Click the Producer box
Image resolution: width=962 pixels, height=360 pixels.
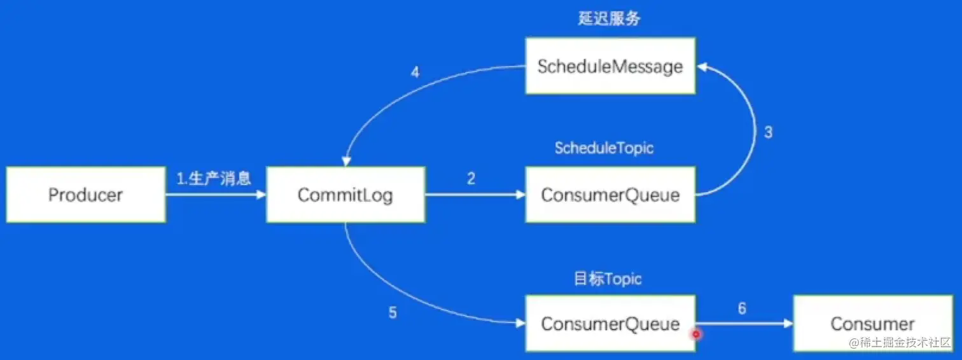coord(86,195)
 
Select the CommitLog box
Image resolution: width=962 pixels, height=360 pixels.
coord(345,195)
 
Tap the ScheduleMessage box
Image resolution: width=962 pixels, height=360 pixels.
coord(610,66)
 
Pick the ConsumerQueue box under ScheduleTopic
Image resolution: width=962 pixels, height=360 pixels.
coord(610,195)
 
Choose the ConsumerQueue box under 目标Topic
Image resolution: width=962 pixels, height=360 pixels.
coord(610,323)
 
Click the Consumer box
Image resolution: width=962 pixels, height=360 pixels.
coord(872,323)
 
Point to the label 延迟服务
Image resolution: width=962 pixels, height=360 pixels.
coord(609,19)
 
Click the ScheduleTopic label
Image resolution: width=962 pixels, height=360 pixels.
coord(604,148)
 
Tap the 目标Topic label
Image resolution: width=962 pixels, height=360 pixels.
coord(608,279)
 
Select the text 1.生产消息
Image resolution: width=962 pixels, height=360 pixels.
coord(214,179)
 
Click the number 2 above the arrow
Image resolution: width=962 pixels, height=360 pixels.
coord(471,179)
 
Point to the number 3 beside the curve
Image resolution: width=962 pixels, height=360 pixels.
coord(768,132)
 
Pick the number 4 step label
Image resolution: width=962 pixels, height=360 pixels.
coord(415,73)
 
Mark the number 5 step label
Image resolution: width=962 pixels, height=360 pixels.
coord(393,313)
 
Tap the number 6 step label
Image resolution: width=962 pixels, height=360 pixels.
coord(742,308)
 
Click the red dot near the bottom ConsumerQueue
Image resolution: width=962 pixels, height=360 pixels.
coord(696,333)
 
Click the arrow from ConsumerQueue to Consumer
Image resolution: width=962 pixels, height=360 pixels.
coord(744,324)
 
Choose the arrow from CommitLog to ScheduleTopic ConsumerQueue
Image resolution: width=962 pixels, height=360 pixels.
coord(475,195)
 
